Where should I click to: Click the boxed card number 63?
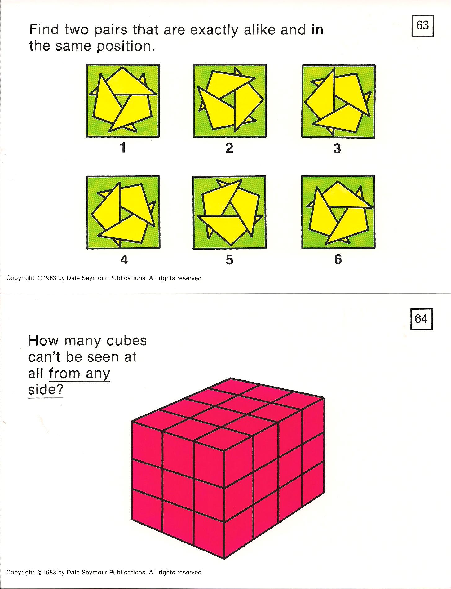click(x=422, y=26)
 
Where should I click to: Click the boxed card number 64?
click(x=421, y=319)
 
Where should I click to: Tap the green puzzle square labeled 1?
click(x=123, y=101)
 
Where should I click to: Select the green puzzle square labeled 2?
click(x=230, y=101)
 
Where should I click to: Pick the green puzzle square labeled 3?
click(x=338, y=101)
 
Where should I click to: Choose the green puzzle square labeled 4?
click(x=123, y=212)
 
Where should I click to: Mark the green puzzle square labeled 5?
click(x=229, y=212)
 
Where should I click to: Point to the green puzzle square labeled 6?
click(x=338, y=212)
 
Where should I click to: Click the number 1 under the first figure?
click(x=123, y=148)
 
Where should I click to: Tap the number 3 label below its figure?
click(x=337, y=148)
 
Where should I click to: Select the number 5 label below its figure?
click(x=229, y=259)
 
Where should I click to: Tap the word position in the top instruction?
click(x=126, y=47)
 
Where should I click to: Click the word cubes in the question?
click(x=126, y=341)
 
